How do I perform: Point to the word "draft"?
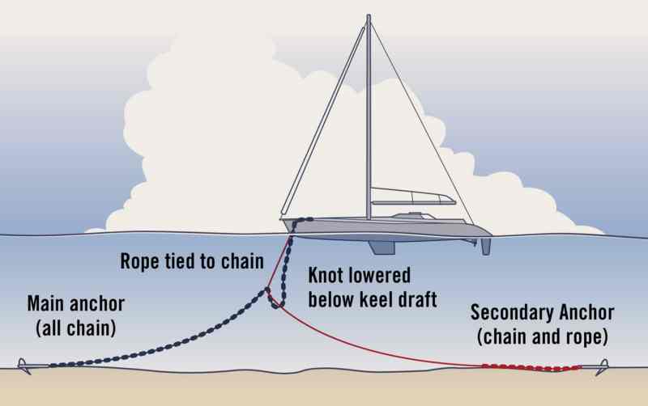coord(417,299)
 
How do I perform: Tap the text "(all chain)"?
coord(76,328)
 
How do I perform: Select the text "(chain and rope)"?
coord(542,336)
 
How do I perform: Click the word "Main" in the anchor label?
coord(46,304)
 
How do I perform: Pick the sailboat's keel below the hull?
coord(382,247)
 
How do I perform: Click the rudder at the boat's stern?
coord(485,247)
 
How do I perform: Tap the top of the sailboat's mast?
coord(369,15)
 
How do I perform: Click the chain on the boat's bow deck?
coord(303,220)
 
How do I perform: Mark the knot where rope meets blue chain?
coord(267,290)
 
